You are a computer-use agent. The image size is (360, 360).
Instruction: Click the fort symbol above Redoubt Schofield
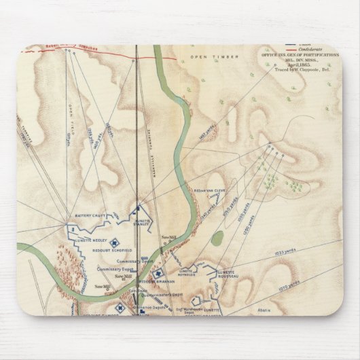pos(115,240)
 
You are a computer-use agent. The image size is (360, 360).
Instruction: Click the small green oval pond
pos(217,238)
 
